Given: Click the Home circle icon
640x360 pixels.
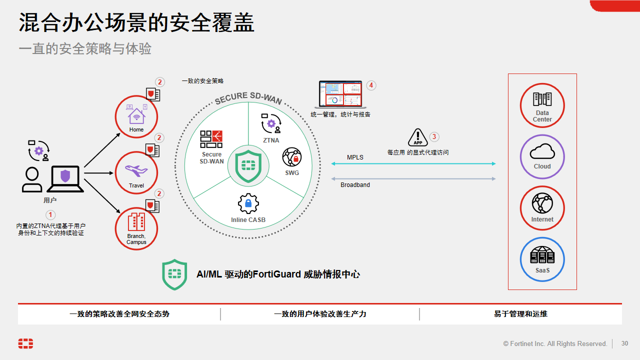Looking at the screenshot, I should [x=136, y=116].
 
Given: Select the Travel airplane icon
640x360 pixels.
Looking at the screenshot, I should [x=136, y=171].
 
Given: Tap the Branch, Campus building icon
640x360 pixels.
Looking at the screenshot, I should [x=136, y=222].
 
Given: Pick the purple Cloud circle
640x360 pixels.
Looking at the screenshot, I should [x=542, y=156].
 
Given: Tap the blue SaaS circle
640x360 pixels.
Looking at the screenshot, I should [x=542, y=259].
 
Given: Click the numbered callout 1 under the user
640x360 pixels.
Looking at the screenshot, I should [x=50, y=215].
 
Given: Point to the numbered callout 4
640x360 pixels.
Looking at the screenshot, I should [x=371, y=85].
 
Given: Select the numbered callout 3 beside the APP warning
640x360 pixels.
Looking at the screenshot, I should [x=434, y=136].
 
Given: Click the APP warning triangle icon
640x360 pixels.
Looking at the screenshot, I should [x=418, y=137].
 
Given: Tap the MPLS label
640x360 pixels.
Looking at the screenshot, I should [x=355, y=157].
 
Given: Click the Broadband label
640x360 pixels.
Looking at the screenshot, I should [x=355, y=185].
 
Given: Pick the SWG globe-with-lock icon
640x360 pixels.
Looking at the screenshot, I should [x=292, y=157].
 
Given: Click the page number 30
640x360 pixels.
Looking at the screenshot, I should [x=624, y=343].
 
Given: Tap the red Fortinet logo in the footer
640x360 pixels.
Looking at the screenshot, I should [x=25, y=343].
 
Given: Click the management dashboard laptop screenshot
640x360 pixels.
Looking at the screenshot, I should [x=340, y=94].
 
